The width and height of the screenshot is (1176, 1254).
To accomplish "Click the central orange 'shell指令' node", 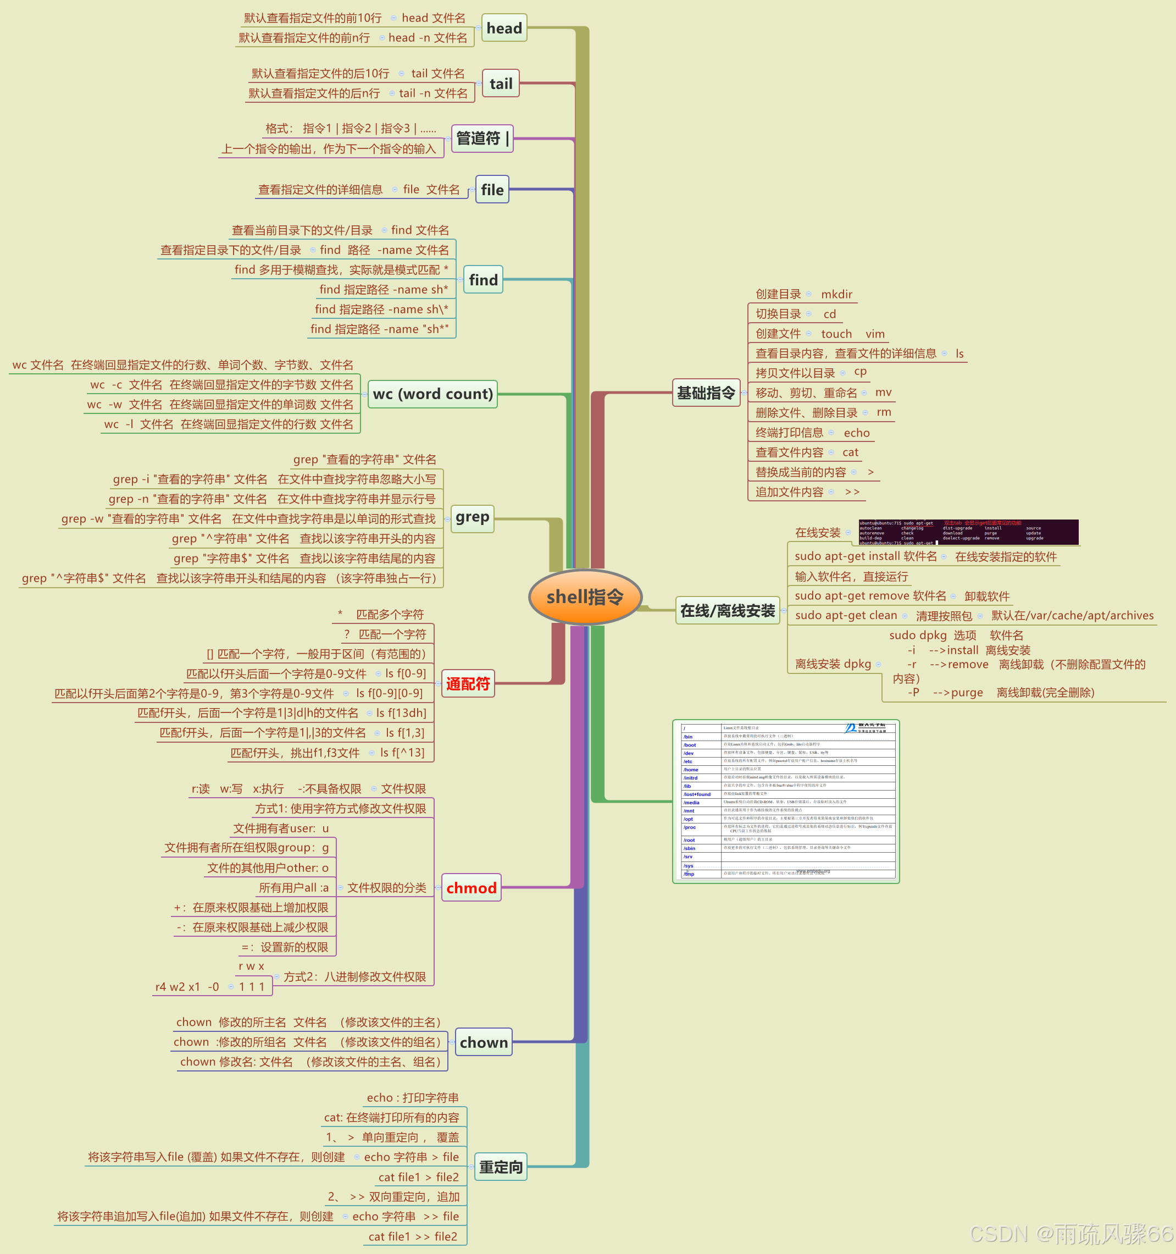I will tap(585, 596).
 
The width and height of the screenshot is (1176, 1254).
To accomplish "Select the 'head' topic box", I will tap(504, 29).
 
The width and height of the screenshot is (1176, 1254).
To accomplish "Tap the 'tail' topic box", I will tap(501, 84).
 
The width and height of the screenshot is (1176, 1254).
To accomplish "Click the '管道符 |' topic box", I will tap(482, 139).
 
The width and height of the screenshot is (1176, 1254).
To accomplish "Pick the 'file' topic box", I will tap(492, 190).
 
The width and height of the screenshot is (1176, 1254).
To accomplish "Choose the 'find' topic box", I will tap(483, 280).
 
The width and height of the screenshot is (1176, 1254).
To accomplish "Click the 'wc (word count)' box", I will tap(432, 394).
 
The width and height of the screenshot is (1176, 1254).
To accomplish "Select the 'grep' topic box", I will tap(471, 518).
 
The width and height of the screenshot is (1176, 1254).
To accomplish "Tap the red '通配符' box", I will tap(467, 684).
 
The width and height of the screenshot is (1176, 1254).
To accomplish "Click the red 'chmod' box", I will tap(471, 888).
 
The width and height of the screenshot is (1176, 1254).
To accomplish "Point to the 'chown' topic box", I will tap(483, 1043).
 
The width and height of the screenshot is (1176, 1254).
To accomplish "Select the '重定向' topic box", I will tap(500, 1167).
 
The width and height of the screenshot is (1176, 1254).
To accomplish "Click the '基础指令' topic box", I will tap(706, 393).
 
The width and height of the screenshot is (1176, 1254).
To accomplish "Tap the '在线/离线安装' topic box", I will tap(727, 611).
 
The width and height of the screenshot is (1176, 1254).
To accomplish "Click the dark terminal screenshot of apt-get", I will tap(968, 532).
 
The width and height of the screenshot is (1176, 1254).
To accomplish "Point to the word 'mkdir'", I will tap(836, 295).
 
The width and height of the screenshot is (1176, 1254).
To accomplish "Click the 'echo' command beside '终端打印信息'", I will tap(856, 433).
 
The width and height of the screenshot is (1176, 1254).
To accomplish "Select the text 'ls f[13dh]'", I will tap(401, 713).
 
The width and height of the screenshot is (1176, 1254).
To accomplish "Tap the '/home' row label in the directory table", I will tap(691, 770).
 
